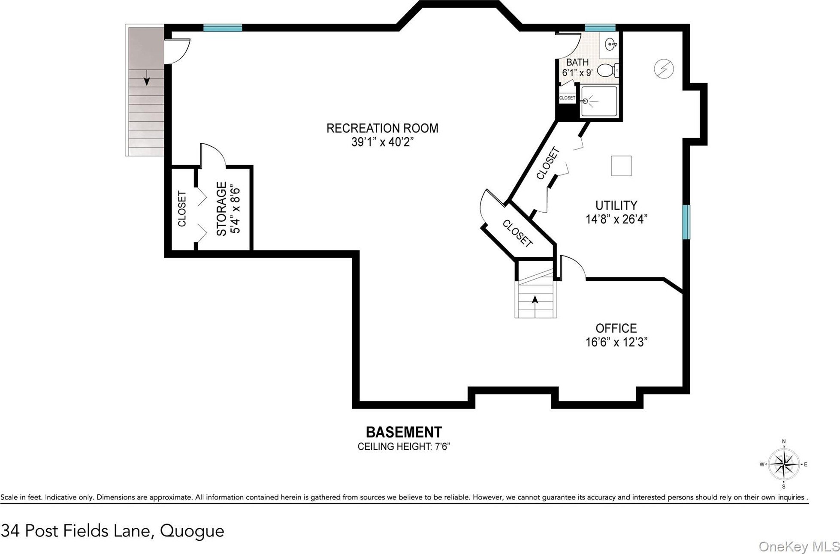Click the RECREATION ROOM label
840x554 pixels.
coord(382,128)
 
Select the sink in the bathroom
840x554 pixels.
coord(611,44)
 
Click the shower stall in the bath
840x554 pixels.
coord(598,102)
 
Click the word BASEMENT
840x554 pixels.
coord(404,432)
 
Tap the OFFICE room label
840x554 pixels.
coord(616,328)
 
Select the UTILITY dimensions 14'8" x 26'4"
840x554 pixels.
coord(616,219)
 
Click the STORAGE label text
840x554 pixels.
coord(221,209)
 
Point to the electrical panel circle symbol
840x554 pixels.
coord(664,69)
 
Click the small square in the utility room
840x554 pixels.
coord(621,166)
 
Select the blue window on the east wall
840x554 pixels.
coord(686,222)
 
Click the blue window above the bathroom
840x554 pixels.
coord(600,28)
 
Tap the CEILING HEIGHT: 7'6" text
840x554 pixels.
coord(404,446)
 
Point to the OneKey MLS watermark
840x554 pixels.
coord(799,546)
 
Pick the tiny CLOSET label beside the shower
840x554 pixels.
coord(567,98)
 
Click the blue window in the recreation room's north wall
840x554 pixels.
coord(222,28)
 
